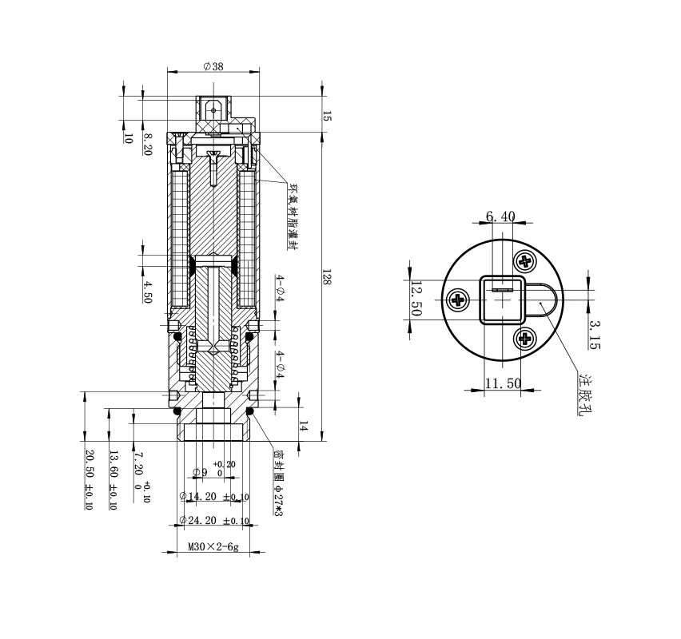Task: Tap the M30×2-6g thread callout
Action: pyautogui.click(x=213, y=548)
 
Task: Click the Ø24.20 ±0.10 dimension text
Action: pyautogui.click(x=213, y=521)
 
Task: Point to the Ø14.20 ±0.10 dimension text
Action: pyautogui.click(x=213, y=497)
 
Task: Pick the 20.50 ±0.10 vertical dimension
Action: pyautogui.click(x=89, y=479)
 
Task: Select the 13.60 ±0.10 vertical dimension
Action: pyautogui.click(x=113, y=479)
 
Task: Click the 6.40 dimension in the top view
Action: pyautogui.click(x=500, y=216)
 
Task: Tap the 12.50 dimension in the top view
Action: pyautogui.click(x=416, y=298)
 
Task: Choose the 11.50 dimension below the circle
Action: pyautogui.click(x=503, y=384)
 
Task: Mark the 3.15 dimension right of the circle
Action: pyautogui.click(x=593, y=335)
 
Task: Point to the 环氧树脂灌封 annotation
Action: pyautogui.click(x=293, y=216)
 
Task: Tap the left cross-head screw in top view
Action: pyautogui.click(x=459, y=300)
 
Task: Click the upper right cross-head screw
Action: pyautogui.click(x=525, y=260)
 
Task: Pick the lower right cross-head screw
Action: pyautogui.click(x=525, y=339)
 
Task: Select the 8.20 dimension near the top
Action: pyautogui.click(x=148, y=144)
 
